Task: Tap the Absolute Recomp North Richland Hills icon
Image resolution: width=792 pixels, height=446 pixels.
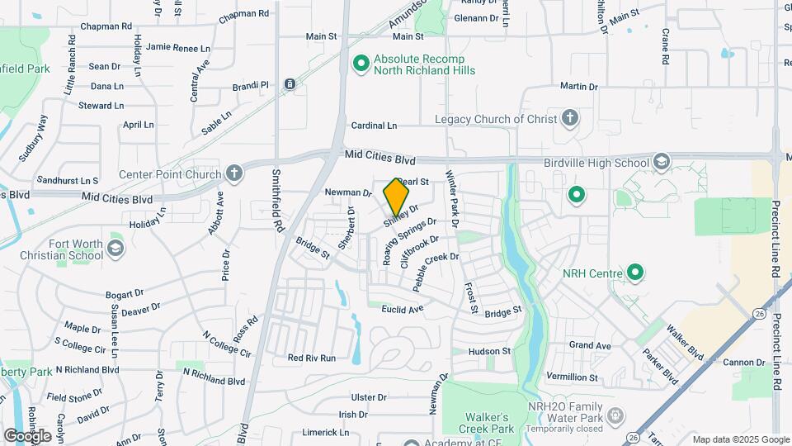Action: [x=361, y=64]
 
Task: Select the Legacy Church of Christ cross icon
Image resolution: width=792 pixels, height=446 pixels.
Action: [x=569, y=118]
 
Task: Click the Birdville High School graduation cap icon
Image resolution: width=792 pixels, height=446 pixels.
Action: [x=661, y=162]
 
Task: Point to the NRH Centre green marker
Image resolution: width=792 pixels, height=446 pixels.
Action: [x=635, y=272]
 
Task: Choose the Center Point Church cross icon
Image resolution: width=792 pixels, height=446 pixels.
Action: [x=235, y=174]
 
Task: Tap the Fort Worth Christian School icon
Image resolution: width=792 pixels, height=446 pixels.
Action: [x=115, y=249]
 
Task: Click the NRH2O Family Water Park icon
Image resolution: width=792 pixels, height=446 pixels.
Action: [x=614, y=414]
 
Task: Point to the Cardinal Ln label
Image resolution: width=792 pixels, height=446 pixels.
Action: [x=374, y=126]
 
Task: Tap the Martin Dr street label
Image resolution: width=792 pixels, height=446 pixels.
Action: [x=578, y=87]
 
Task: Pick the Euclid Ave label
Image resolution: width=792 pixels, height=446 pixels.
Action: [x=403, y=309]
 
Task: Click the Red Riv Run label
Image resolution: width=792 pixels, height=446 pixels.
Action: [x=312, y=358]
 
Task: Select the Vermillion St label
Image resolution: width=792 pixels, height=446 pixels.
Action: [x=572, y=377]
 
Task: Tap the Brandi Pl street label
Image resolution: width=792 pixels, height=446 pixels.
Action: [x=251, y=85]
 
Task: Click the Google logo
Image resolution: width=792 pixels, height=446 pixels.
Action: [x=27, y=435]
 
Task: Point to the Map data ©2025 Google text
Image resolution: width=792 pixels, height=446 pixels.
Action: [x=739, y=439]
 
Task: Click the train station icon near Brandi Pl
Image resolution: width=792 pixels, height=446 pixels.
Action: [x=290, y=84]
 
